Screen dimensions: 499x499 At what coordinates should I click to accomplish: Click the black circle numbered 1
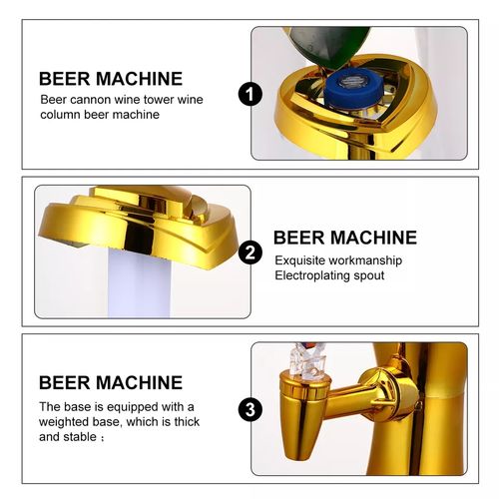(250, 94)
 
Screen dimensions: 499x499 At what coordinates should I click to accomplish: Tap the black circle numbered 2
(250, 252)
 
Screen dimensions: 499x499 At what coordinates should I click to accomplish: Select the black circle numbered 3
(250, 409)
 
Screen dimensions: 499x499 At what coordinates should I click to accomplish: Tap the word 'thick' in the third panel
(187, 421)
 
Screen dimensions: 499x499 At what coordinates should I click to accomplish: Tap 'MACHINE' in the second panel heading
(373, 238)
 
